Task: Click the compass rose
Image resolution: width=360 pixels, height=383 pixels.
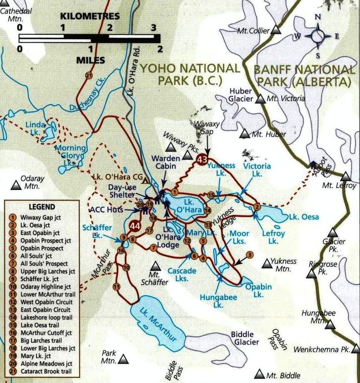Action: (x=318, y=36)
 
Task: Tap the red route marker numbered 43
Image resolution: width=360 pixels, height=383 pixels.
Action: (x=202, y=160)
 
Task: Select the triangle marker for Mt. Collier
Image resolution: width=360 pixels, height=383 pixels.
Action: (x=275, y=30)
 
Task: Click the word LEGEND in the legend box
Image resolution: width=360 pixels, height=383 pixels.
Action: (x=42, y=207)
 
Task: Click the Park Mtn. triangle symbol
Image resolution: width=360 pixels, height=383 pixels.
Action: (x=123, y=359)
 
